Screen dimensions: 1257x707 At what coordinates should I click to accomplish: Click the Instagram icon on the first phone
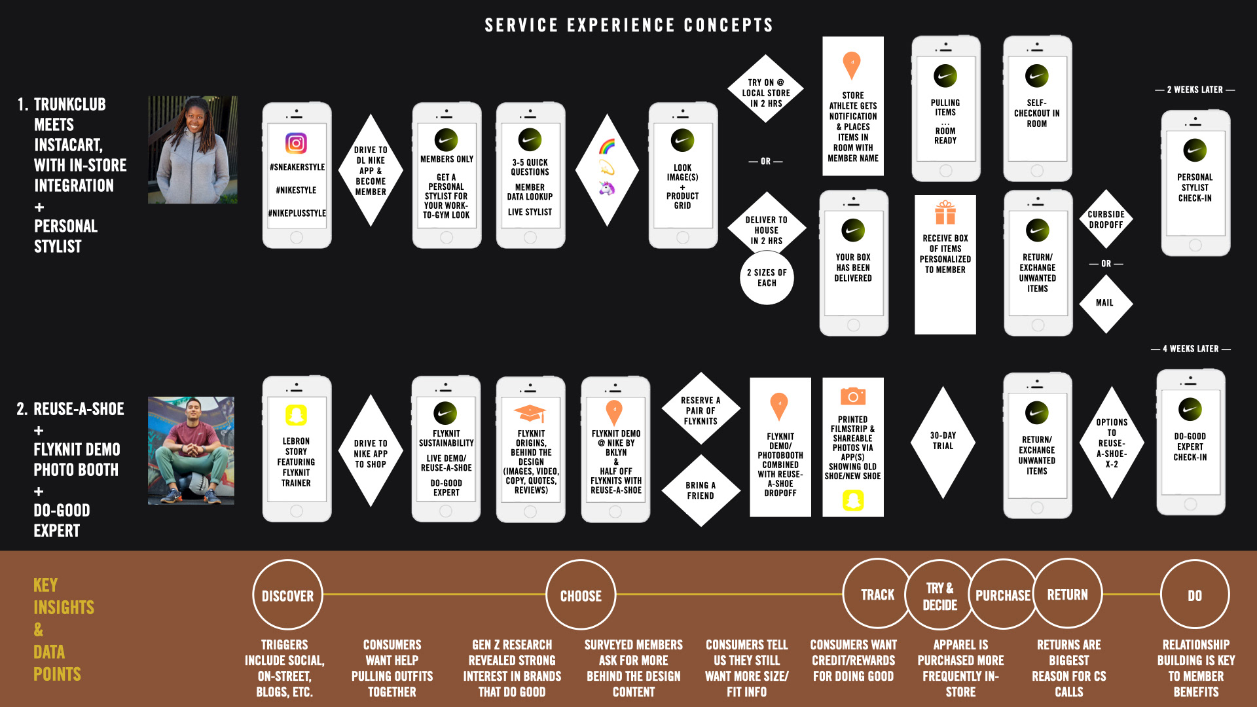296,143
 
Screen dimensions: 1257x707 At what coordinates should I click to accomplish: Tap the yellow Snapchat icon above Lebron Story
296,415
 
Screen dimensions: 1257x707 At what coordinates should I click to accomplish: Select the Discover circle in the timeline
287,595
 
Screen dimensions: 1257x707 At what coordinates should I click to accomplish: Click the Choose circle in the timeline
581,595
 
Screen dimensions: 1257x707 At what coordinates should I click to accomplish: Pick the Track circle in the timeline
877,594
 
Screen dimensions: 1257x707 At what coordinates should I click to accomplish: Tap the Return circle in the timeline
1067,594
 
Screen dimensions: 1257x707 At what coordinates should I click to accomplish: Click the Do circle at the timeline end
1195,595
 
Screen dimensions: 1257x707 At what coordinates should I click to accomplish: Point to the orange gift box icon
945,213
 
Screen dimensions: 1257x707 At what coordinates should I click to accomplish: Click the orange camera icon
852,396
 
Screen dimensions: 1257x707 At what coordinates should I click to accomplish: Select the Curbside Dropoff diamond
1106,219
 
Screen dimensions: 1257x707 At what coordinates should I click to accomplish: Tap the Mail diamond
1105,303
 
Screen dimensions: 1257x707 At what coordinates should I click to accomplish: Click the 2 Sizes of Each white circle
767,278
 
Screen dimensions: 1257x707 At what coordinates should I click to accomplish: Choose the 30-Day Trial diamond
943,441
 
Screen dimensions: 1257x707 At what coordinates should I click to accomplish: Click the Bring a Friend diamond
701,490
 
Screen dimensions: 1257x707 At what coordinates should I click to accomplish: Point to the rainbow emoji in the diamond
607,146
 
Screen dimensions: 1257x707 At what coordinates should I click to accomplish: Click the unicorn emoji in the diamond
607,188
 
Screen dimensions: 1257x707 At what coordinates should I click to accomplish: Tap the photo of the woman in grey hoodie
192,150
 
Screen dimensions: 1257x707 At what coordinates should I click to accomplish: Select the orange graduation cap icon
530,413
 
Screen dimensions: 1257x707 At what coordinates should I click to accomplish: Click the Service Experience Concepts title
628,26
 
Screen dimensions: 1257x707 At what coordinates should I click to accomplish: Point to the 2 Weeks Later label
1195,90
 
